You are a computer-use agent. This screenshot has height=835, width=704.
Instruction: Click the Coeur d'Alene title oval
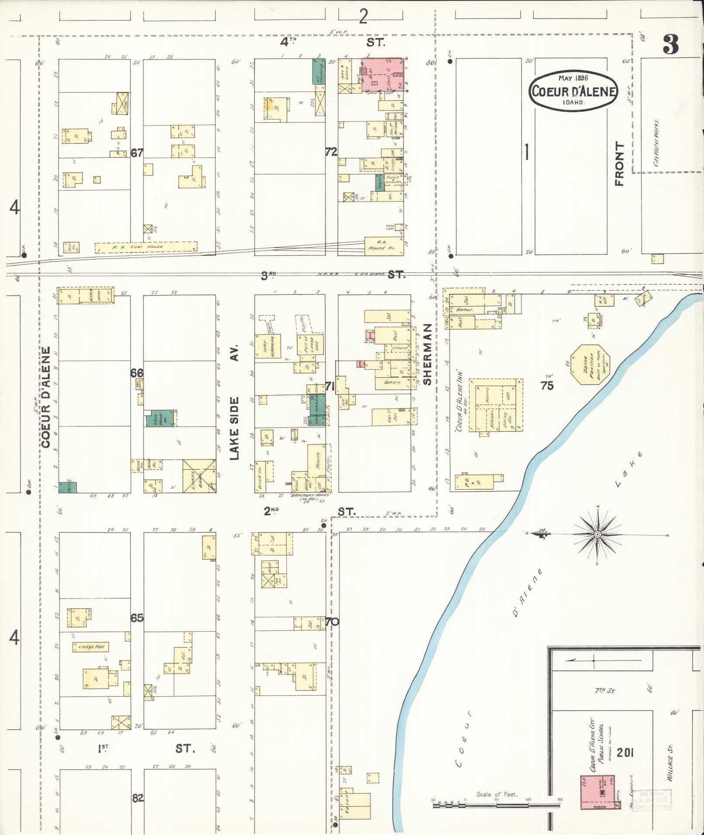pos(573,91)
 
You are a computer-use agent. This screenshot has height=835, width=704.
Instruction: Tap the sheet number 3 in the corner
pos(670,45)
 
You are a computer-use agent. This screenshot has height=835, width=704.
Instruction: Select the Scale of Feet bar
pos(497,804)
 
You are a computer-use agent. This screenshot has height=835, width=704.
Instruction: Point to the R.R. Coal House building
pos(146,247)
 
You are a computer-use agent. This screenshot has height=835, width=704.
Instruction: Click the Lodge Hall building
pos(90,646)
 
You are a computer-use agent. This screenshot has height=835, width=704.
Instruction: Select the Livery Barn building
pos(199,476)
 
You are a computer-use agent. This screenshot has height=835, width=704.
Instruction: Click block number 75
pos(547,385)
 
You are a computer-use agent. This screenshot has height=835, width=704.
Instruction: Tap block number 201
pos(625,753)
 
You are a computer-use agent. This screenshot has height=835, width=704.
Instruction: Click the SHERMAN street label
pos(427,354)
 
